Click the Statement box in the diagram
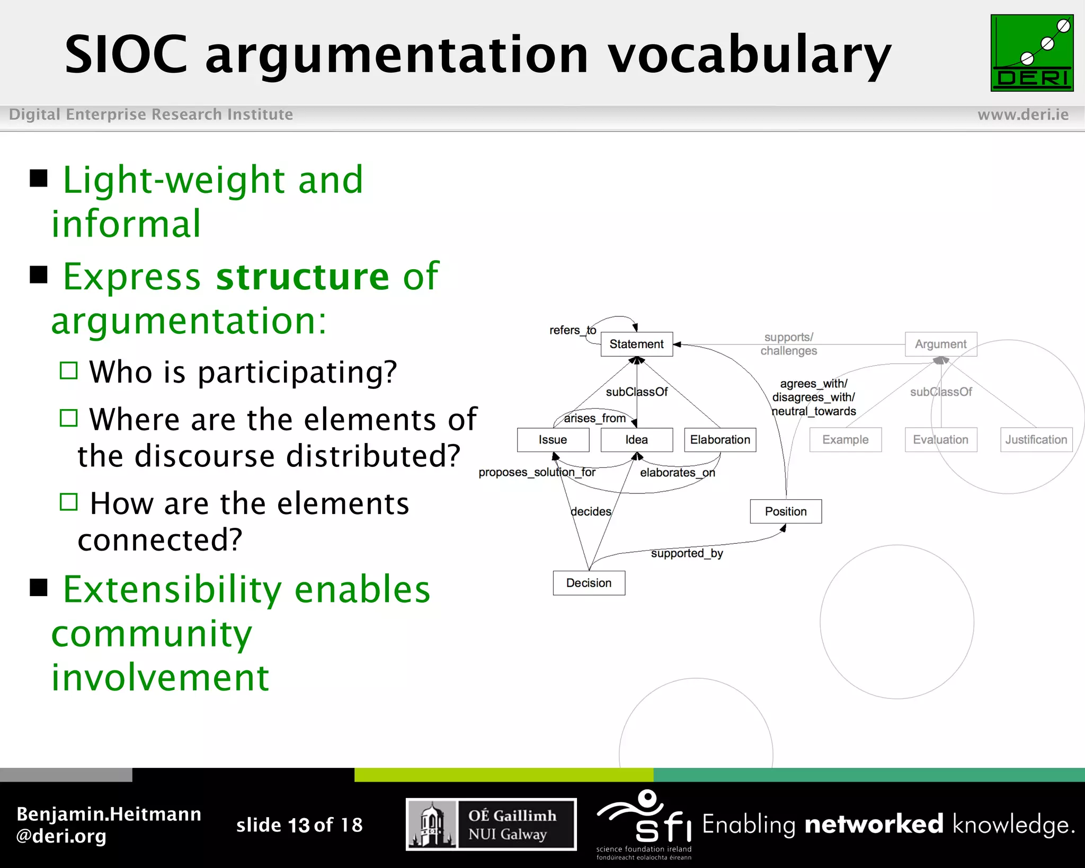636,344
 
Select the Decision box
589,583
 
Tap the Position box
786,511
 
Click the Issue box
553,440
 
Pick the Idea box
636,440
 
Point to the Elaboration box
720,440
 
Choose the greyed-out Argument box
940,344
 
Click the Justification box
1036,440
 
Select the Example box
845,440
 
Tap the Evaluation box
940,440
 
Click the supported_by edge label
687,553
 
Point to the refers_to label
573,330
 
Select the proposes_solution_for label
537,472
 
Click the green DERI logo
1031,53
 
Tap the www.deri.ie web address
1022,114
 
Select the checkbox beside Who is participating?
69,370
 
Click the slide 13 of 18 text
299,825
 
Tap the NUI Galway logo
491,825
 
